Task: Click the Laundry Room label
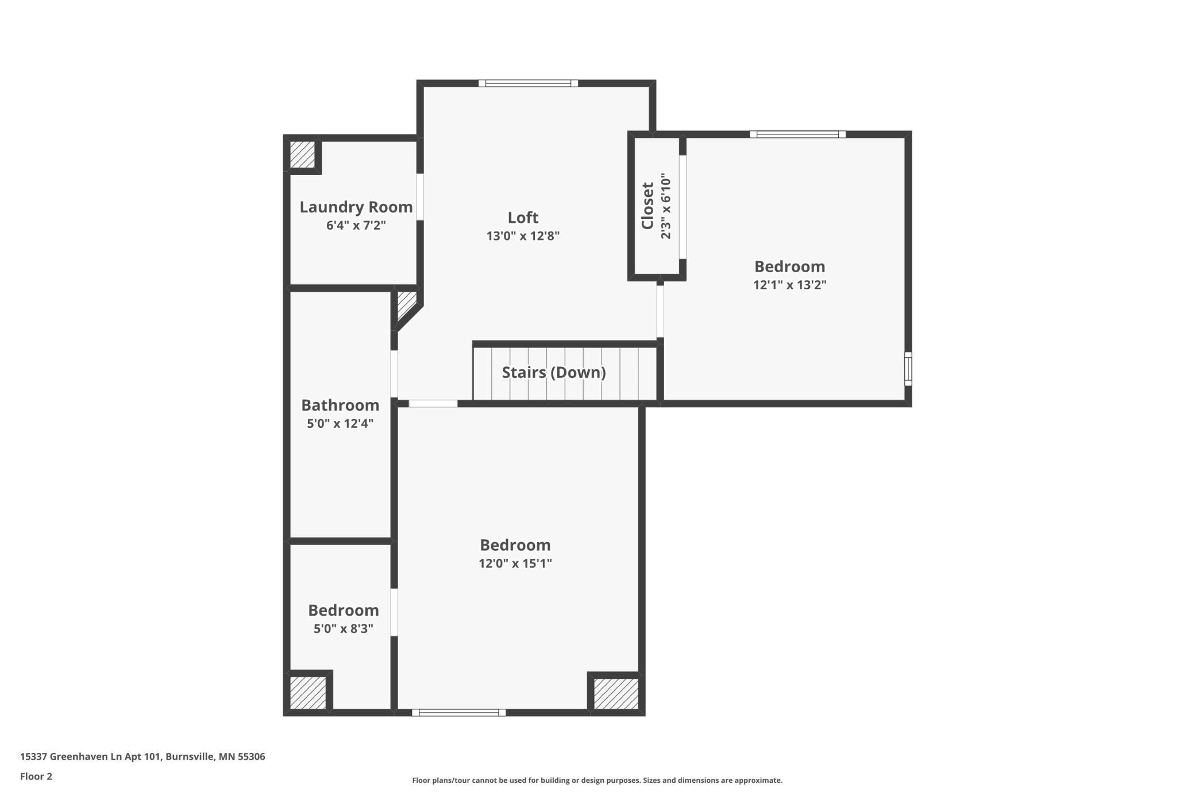click(356, 207)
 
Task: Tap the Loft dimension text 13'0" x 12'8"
click(523, 235)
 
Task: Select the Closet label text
click(647, 206)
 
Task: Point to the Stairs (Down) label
click(554, 373)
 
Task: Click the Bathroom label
click(340, 405)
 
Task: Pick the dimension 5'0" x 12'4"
click(340, 423)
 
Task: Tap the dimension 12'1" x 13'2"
click(790, 284)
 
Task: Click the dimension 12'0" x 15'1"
click(515, 563)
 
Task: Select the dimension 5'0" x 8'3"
click(344, 628)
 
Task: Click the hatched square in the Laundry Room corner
click(302, 154)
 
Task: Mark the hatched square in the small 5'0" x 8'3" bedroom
click(308, 693)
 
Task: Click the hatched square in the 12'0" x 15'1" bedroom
click(616, 694)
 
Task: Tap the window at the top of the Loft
click(529, 83)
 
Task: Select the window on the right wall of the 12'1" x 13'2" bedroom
click(908, 369)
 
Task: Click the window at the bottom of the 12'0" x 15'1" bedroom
click(459, 713)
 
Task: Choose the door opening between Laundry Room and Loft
click(420, 197)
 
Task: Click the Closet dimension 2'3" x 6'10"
click(666, 206)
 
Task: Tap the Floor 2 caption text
click(36, 776)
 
